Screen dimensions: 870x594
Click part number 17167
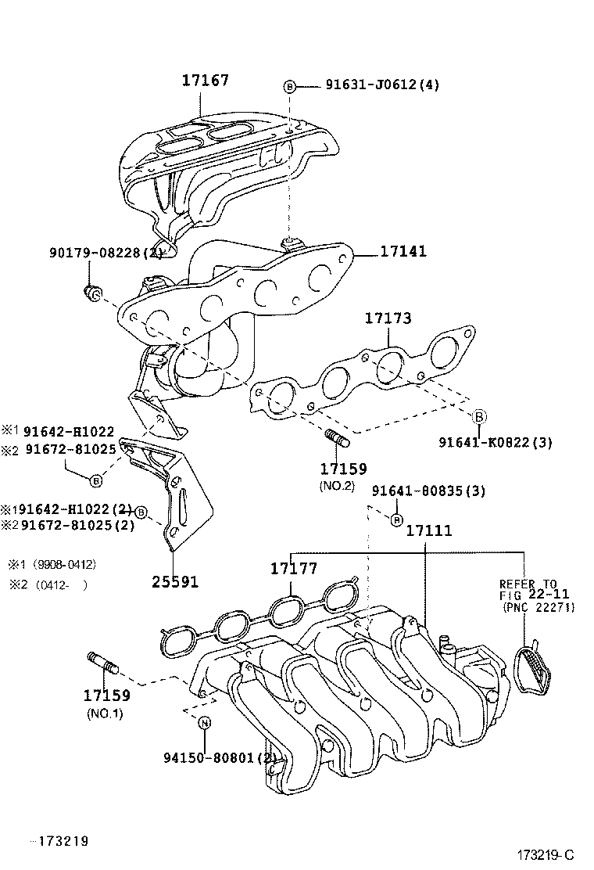click(x=206, y=80)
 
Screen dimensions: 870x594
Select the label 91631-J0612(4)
click(x=382, y=85)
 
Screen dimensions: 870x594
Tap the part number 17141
click(x=404, y=252)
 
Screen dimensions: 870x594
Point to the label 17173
click(x=388, y=318)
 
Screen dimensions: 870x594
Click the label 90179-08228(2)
click(x=106, y=252)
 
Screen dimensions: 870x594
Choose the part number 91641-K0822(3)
click(x=496, y=442)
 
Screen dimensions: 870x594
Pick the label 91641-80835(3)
click(x=428, y=491)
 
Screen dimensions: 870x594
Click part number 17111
click(x=428, y=531)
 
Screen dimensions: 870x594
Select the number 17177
click(x=295, y=569)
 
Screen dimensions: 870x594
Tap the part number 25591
click(x=175, y=582)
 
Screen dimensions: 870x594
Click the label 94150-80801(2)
click(x=220, y=757)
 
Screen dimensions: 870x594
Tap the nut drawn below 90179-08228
click(x=92, y=293)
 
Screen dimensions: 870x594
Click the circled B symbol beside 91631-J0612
click(x=289, y=86)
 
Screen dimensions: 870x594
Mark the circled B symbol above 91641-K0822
click(x=480, y=415)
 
